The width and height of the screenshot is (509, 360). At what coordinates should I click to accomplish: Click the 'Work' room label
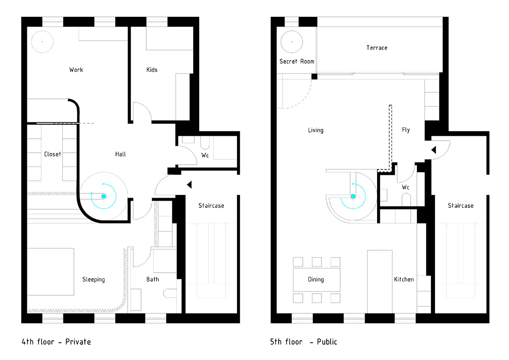coord(76,70)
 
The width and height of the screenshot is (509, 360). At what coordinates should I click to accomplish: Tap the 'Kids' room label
coord(152,70)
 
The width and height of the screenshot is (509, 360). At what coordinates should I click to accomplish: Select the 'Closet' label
coord(52,154)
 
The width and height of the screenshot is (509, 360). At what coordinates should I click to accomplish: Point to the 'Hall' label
coord(120,154)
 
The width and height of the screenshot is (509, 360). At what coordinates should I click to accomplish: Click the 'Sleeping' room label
coord(94,279)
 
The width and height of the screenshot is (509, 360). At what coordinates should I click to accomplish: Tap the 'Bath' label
coord(153,279)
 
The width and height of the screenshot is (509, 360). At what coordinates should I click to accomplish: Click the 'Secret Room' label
coord(296,61)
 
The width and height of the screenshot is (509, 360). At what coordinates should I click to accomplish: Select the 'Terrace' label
coord(377,48)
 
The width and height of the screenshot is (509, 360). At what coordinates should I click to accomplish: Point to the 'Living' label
coord(316,130)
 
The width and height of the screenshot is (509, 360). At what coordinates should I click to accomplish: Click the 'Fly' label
coord(406,130)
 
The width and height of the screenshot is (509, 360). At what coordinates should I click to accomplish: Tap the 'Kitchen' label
coord(404,279)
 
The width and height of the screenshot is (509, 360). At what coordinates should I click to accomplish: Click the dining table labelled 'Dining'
coord(317,279)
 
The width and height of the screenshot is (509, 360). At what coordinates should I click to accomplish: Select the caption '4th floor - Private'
coord(56,342)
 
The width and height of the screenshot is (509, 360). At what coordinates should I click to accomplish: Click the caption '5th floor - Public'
coord(304,342)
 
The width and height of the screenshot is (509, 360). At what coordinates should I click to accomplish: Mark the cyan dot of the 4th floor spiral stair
coord(104,196)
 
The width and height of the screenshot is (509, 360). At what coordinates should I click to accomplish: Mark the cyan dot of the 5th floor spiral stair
coord(353,196)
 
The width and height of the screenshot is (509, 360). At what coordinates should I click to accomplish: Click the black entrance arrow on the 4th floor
coord(189,185)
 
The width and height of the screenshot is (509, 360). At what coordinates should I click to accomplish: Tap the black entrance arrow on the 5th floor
coord(433,150)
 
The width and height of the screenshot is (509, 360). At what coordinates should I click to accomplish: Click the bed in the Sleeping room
coord(51,272)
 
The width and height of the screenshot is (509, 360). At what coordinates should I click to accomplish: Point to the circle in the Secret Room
coord(292,42)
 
